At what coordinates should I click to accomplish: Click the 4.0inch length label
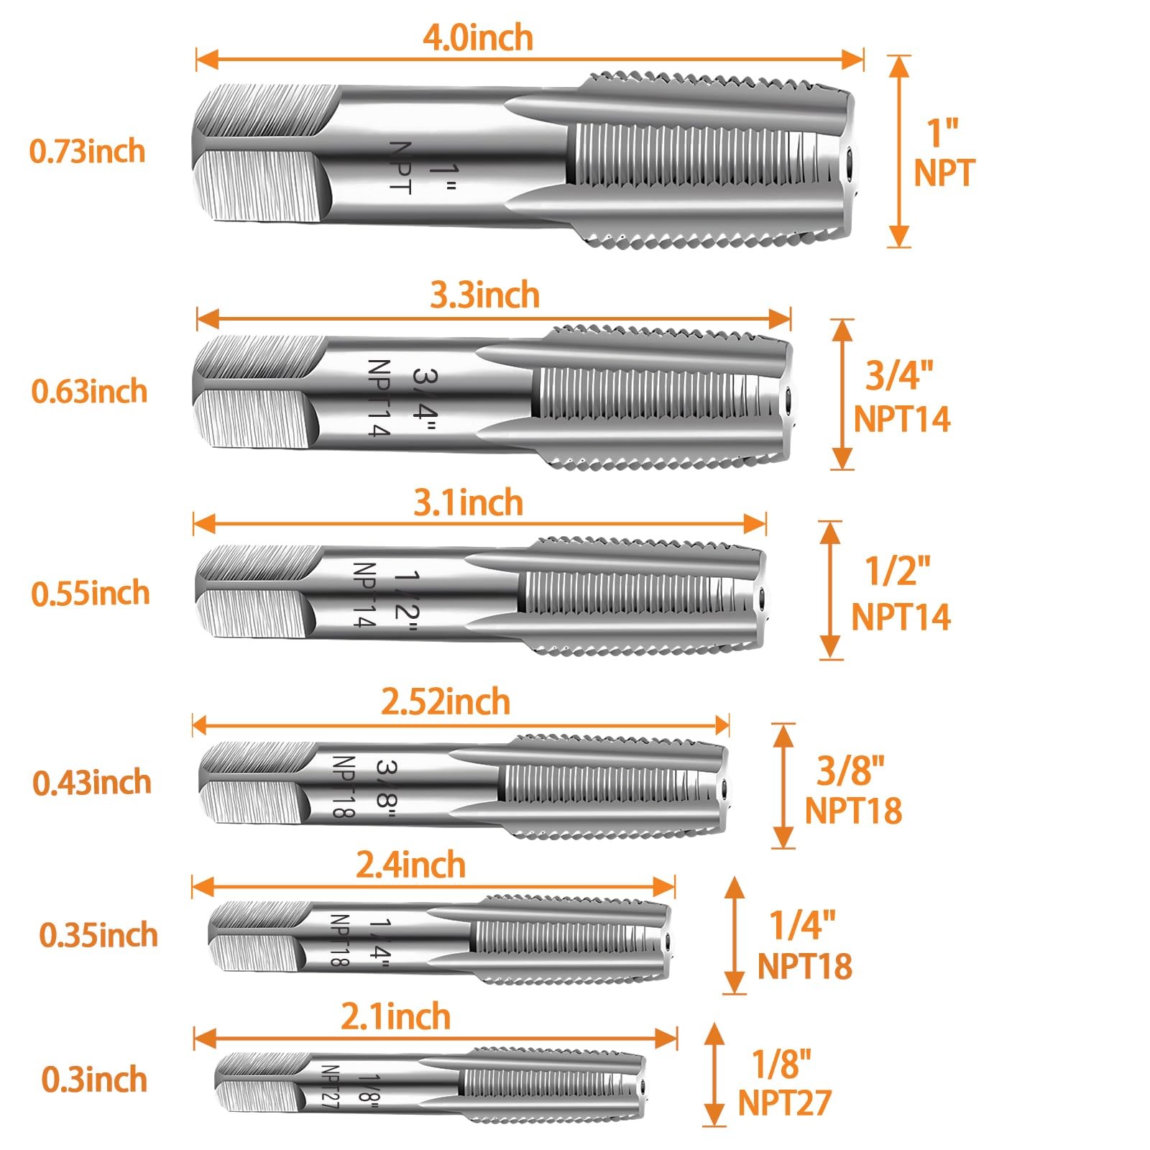[x=477, y=38]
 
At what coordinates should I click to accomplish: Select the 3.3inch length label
[x=484, y=295]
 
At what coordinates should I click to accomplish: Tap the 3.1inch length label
[x=468, y=502]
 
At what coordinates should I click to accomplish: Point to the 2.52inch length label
[x=445, y=701]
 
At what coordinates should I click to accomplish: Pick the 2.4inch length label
[x=410, y=865]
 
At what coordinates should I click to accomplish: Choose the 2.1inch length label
[x=395, y=1017]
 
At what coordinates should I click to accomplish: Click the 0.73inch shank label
[x=87, y=152]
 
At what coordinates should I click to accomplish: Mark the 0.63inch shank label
[x=89, y=392]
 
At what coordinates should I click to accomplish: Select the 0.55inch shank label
[x=91, y=594]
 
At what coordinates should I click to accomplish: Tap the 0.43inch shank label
[x=92, y=782]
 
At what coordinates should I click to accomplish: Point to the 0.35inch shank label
[x=98, y=935]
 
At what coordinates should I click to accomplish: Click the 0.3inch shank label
[x=94, y=1080]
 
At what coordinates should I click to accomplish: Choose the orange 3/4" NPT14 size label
[x=901, y=397]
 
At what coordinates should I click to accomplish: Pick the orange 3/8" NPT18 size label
[x=852, y=790]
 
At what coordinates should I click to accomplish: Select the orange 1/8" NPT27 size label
[x=784, y=1084]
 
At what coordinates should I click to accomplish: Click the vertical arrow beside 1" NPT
[x=899, y=152]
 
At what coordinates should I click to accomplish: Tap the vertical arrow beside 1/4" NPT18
[x=734, y=935]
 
